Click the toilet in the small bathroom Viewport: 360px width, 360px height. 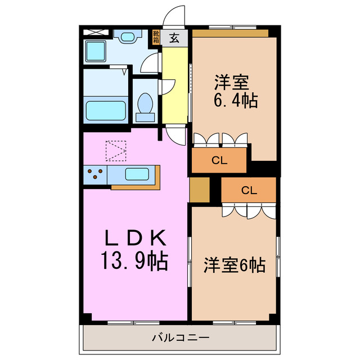click(145, 106)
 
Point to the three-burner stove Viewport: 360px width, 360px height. click(95, 174)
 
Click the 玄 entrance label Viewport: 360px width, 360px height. click(175, 38)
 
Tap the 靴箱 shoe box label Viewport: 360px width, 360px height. click(156, 37)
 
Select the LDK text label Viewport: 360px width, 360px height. click(135, 238)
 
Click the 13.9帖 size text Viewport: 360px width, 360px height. click(135, 260)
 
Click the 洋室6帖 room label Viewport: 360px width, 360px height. click(234, 265)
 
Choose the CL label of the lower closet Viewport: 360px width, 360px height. click(249, 190)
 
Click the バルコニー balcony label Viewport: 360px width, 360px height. click(181, 338)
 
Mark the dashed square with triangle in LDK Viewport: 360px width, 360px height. click(116, 150)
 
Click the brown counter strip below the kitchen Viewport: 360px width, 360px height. click(135, 186)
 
